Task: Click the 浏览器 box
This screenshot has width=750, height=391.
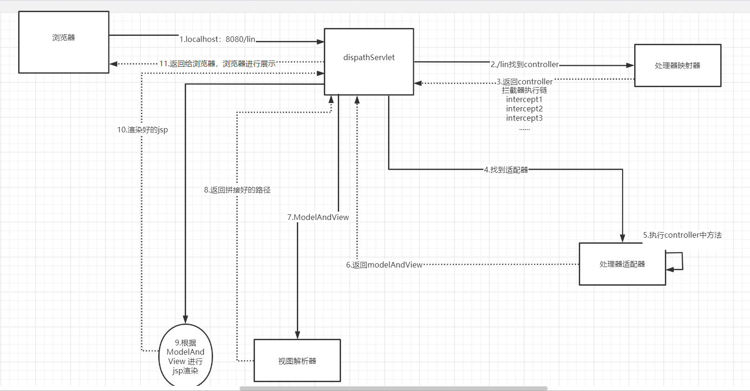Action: click(64, 42)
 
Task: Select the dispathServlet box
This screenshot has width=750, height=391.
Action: click(369, 62)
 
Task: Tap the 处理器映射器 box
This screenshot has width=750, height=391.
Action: click(677, 66)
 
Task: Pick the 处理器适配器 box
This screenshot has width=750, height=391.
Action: click(622, 264)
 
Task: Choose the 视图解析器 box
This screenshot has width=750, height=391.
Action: click(297, 361)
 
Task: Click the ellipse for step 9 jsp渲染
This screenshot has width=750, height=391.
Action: click(186, 357)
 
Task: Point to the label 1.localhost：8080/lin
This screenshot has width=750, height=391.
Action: click(217, 40)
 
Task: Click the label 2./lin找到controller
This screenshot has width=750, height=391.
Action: click(524, 65)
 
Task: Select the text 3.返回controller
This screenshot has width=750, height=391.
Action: click(524, 82)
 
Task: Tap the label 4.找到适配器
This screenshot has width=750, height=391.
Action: click(506, 170)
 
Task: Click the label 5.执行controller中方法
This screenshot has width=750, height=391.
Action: click(682, 235)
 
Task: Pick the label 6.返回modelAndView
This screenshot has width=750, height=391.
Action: click(384, 265)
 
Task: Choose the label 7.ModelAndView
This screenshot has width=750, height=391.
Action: click(318, 218)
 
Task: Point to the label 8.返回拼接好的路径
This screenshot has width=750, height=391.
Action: click(237, 190)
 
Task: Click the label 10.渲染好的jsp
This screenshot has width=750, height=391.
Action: click(142, 130)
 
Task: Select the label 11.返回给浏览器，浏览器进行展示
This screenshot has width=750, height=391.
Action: click(217, 64)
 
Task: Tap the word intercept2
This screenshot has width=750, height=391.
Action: click(524, 109)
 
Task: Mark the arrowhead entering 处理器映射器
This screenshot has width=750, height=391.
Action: click(630, 66)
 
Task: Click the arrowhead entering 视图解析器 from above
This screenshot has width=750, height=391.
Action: click(297, 335)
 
